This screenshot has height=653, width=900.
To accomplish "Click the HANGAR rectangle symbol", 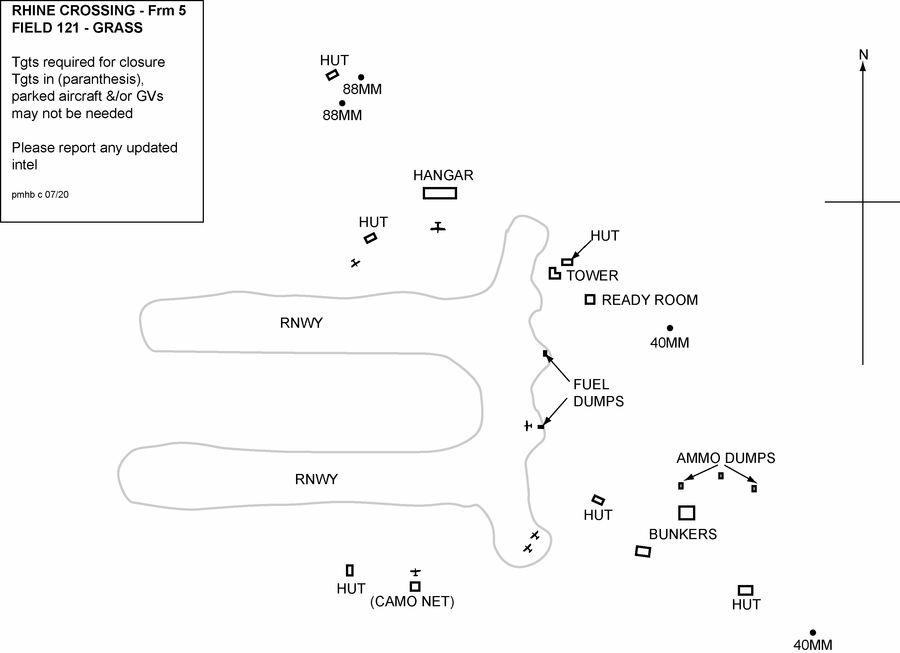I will [440, 193].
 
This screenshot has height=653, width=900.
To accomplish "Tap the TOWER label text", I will [592, 276].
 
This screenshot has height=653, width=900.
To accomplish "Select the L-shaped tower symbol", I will [554, 274].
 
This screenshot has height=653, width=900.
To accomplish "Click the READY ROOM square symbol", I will [590, 299].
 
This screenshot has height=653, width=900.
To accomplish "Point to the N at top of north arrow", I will [863, 55].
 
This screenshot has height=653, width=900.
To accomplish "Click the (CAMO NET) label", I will [412, 601].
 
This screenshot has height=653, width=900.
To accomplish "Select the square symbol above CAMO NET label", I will [415, 586].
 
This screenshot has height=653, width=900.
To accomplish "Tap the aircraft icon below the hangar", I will [438, 227].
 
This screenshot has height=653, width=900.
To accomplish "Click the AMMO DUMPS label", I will [725, 458].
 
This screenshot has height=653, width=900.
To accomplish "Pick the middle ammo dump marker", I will [721, 476].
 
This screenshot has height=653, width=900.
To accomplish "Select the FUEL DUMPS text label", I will [598, 393].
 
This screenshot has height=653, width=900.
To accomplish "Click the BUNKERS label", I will [683, 534].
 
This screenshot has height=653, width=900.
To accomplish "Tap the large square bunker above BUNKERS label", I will [686, 513].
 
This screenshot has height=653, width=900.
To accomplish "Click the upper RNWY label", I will [301, 323].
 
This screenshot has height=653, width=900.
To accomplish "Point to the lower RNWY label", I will [316, 479].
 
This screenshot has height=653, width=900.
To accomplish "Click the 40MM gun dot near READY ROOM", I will [670, 328].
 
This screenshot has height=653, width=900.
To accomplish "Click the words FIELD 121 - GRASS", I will [77, 28].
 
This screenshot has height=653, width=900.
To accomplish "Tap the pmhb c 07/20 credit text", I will [40, 195].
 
